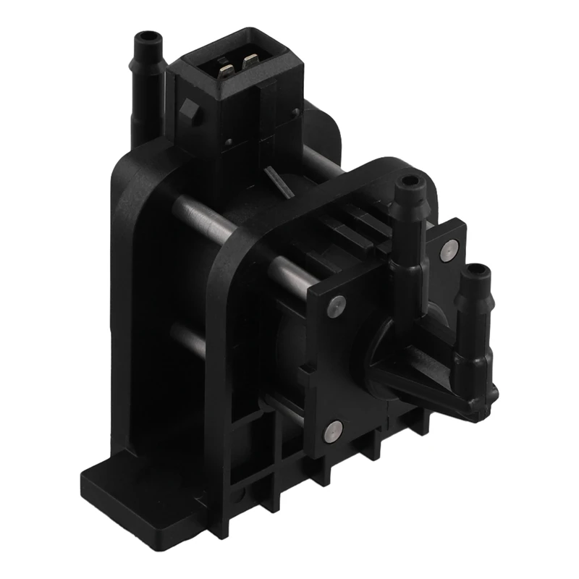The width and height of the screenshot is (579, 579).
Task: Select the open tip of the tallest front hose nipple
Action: click(410, 181)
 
